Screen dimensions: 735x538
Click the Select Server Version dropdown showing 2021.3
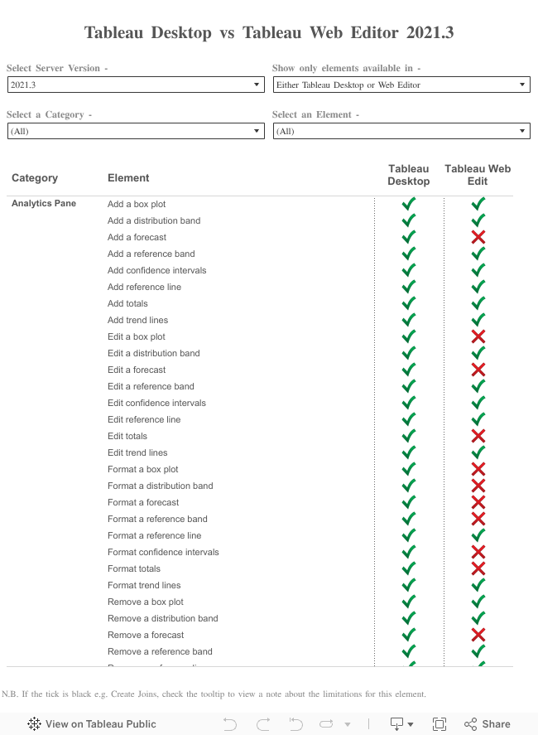click(135, 85)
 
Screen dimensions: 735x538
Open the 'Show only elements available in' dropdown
click(401, 85)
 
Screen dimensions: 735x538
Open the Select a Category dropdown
click(135, 131)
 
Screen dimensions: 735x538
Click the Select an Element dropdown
click(401, 131)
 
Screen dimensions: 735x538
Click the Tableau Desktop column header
click(409, 175)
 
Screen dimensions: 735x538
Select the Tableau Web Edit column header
click(478, 175)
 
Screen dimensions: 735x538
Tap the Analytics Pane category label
click(44, 204)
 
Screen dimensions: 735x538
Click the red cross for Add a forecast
click(478, 237)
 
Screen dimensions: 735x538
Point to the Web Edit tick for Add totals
click(478, 303)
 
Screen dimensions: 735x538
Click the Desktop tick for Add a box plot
click(409, 204)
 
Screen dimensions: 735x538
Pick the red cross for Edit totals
click(478, 436)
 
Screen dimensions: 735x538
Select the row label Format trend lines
click(144, 585)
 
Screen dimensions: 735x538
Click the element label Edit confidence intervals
click(156, 403)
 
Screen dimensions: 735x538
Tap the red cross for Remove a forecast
click(478, 635)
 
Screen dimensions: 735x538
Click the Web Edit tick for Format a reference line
click(478, 535)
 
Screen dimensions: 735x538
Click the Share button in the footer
click(488, 723)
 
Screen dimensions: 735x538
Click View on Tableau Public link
click(92, 723)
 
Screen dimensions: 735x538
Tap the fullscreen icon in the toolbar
click(440, 723)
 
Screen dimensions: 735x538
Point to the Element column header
click(128, 177)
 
